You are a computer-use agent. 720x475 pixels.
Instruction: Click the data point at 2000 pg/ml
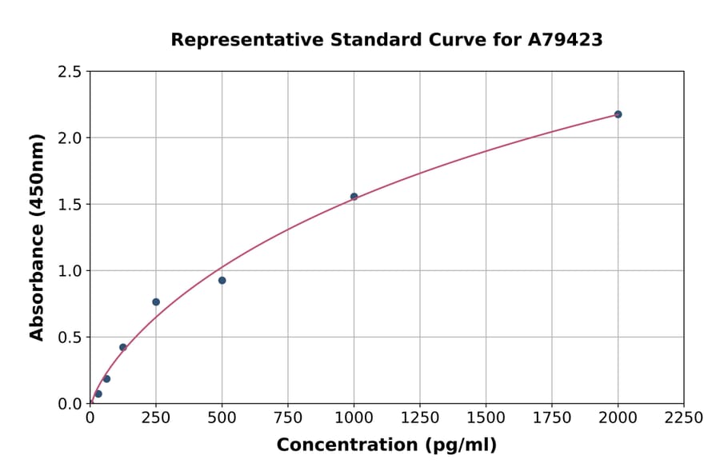618,114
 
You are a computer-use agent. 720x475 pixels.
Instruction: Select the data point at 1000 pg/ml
354,197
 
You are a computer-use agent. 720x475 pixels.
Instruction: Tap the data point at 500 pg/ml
222,281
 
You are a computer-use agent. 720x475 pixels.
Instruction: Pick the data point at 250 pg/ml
156,302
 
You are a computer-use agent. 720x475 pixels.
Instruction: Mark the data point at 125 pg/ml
123,347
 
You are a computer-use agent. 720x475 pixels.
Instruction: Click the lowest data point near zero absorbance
98,393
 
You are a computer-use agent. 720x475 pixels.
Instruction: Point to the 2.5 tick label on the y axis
70,72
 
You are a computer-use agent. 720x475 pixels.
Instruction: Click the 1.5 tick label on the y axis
70,205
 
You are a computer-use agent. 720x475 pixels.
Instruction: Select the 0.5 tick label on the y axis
70,337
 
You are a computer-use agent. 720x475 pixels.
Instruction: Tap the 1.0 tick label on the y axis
70,271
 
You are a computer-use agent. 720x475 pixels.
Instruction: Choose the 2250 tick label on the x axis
683,418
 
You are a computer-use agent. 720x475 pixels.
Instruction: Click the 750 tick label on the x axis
288,418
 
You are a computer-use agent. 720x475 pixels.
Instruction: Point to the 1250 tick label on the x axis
420,418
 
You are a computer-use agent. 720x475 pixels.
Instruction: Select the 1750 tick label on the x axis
552,418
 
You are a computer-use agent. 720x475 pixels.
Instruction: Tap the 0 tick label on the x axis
90,418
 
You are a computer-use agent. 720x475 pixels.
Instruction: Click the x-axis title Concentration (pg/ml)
386,445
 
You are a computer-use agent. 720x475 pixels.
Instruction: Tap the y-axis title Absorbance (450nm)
37,237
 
